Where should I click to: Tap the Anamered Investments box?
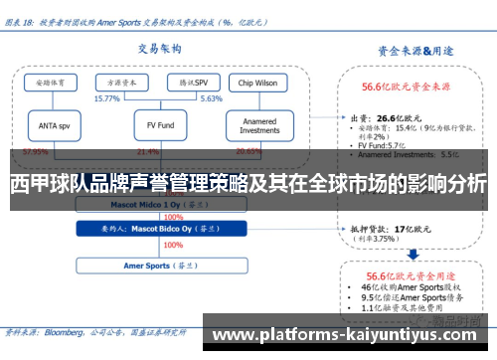point(259,125)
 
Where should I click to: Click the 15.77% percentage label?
point(106,99)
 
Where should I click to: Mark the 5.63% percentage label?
point(211,99)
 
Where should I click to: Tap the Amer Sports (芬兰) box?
point(147,267)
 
